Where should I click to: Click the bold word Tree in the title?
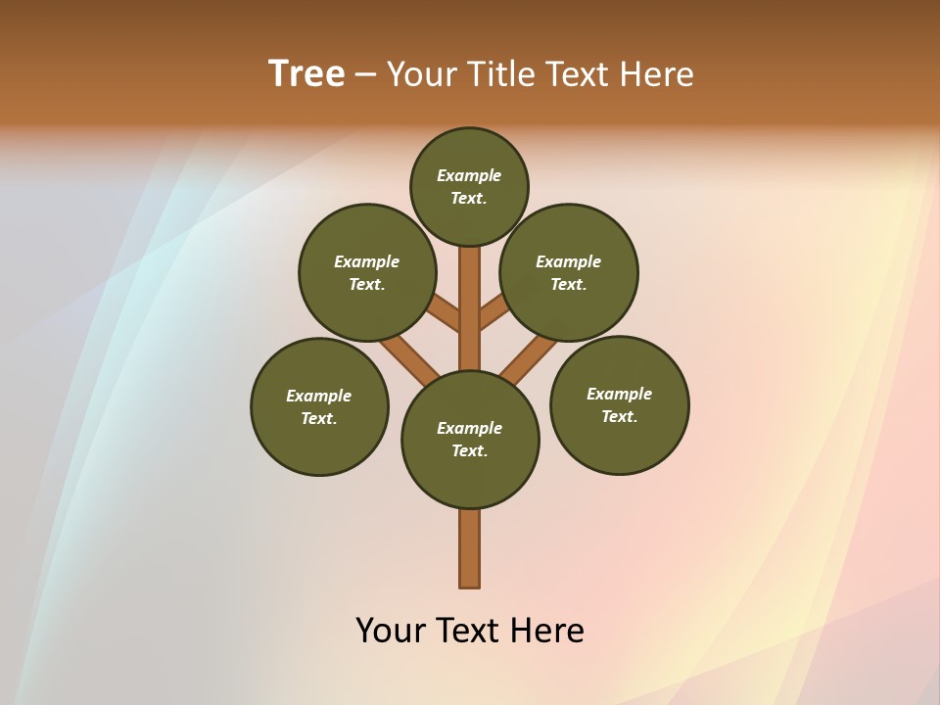tap(306, 73)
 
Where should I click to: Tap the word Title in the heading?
tap(508, 73)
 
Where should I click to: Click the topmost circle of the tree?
tap(469, 186)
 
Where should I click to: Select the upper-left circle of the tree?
tap(367, 272)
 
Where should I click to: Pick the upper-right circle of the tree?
tap(569, 272)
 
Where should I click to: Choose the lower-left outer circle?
tap(319, 406)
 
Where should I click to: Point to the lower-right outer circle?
tap(619, 404)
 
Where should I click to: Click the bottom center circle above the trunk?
tap(470, 440)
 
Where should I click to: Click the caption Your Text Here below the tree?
tap(470, 630)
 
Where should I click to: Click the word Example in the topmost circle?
tap(469, 175)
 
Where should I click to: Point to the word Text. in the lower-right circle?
tap(619, 416)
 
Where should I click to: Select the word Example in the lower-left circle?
tap(319, 396)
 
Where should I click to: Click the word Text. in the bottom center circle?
tap(470, 450)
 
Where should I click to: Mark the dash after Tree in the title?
tap(365, 74)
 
